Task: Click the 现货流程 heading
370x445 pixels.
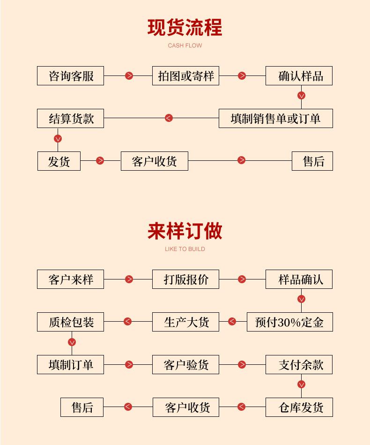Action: tap(185, 28)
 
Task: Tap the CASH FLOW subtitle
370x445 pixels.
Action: tap(185, 45)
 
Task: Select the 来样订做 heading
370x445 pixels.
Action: tap(185, 231)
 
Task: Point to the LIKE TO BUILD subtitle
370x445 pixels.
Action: tap(185, 249)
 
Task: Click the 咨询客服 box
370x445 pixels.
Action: tap(71, 76)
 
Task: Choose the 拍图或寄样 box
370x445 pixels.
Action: tap(185, 76)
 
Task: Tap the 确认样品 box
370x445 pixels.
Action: tap(299, 76)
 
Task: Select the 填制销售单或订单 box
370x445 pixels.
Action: tap(276, 119)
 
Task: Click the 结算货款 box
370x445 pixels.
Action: tap(71, 119)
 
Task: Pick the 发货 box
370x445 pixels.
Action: tap(59, 161)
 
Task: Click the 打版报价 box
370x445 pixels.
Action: tap(185, 279)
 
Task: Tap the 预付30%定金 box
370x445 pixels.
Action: tap(290, 322)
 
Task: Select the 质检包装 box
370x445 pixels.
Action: tap(71, 322)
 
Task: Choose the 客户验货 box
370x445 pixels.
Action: tap(185, 365)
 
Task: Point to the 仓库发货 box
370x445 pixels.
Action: tap(299, 407)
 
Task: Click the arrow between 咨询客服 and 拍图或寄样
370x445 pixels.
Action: tap(129, 76)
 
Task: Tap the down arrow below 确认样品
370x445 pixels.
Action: tap(301, 96)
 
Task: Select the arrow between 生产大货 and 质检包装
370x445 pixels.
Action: tap(127, 322)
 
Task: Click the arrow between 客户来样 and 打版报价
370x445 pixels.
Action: tap(129, 279)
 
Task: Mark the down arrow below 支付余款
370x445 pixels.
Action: tap(301, 385)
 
